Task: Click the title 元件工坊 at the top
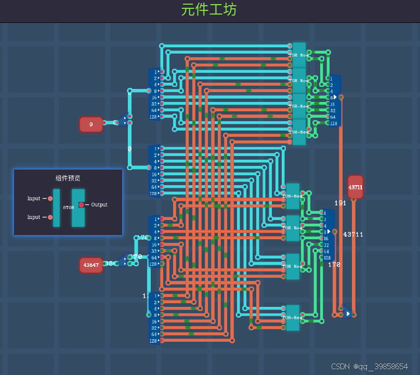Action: coord(209,10)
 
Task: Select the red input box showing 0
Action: coord(91,124)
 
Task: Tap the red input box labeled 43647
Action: coord(90,265)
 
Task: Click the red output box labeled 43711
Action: coord(356,187)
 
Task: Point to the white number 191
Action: coord(340,203)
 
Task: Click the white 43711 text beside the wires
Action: coord(353,235)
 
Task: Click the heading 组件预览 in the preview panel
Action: coord(68,178)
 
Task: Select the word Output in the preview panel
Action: coord(99,205)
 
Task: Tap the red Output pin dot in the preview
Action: coord(81,205)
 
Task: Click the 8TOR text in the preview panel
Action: coord(68,208)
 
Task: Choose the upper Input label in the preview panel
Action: coord(34,199)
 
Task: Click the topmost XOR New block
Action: coord(299,55)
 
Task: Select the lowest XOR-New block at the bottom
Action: coord(293,317)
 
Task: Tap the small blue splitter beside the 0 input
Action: coord(124,121)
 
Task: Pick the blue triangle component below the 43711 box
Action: coord(347,314)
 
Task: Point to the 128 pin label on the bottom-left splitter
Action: coord(153,341)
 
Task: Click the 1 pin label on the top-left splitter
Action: coord(155,72)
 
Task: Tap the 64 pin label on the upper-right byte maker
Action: coord(332,117)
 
